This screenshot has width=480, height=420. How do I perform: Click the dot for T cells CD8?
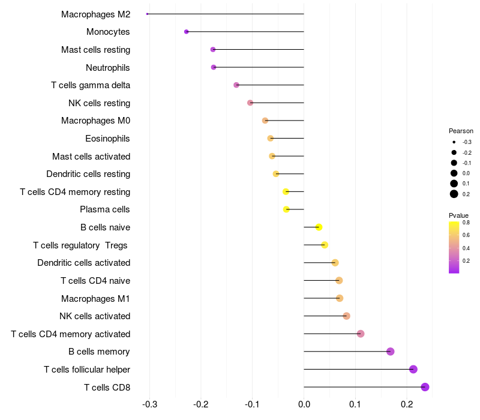[425, 387]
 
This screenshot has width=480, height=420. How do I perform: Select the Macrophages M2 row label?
[95, 14]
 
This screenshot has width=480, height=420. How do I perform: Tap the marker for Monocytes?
[187, 32]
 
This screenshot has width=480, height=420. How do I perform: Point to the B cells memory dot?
[391, 352]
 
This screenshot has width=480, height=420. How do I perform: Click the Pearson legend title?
[461, 131]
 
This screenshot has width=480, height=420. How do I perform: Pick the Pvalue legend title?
[458, 215]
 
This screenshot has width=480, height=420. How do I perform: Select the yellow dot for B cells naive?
[319, 227]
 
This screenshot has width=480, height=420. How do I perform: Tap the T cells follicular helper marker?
[413, 369]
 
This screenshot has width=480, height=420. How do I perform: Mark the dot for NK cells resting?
[250, 103]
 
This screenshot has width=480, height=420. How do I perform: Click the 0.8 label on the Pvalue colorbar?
[466, 223]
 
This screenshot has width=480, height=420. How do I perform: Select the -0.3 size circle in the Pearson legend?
[454, 142]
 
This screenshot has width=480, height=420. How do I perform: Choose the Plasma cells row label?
[105, 209]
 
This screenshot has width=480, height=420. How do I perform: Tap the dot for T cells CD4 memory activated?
[361, 334]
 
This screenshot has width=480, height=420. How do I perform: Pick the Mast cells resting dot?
[213, 49]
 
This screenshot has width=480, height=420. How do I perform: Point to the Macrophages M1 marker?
[340, 298]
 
